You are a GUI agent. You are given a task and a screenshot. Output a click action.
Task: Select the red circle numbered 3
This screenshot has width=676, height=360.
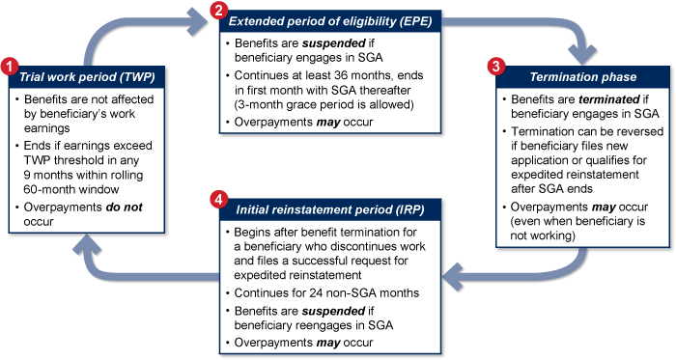coord(495,68)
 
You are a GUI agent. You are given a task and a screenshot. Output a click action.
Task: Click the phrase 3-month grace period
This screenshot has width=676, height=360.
coord(290,103)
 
